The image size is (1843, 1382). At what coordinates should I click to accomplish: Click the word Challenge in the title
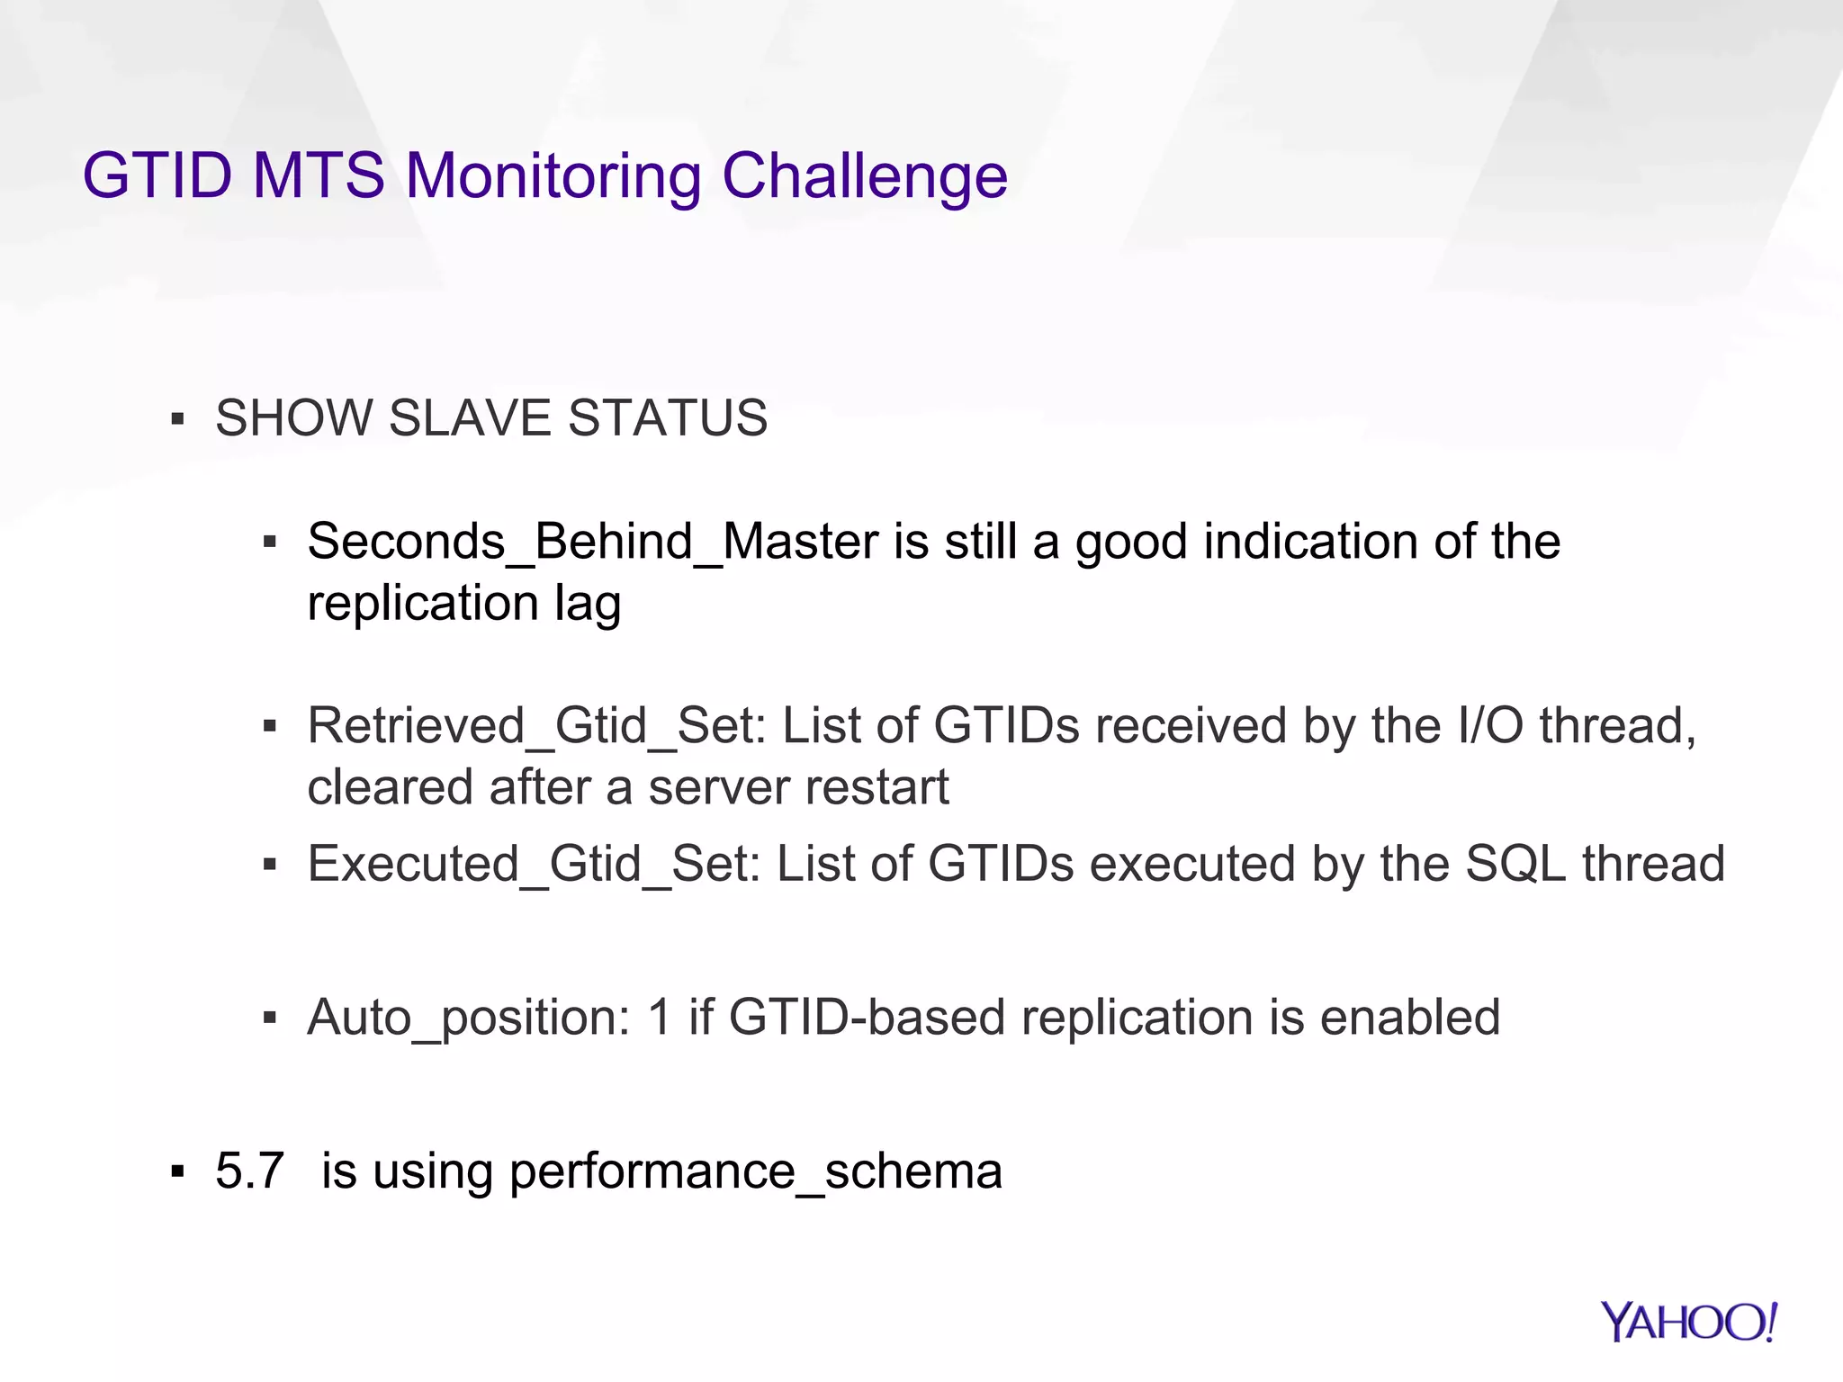point(864,175)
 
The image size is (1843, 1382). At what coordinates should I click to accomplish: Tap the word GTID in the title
point(157,175)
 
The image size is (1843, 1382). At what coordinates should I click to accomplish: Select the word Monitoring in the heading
point(553,177)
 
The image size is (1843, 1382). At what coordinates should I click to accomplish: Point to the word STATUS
point(668,418)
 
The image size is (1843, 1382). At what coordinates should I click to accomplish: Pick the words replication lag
point(463,604)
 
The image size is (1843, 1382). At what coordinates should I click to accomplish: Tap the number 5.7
point(249,1171)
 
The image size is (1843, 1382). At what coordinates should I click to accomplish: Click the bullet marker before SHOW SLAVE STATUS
point(177,419)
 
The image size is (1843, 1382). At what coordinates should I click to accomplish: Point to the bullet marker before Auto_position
point(269,1019)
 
